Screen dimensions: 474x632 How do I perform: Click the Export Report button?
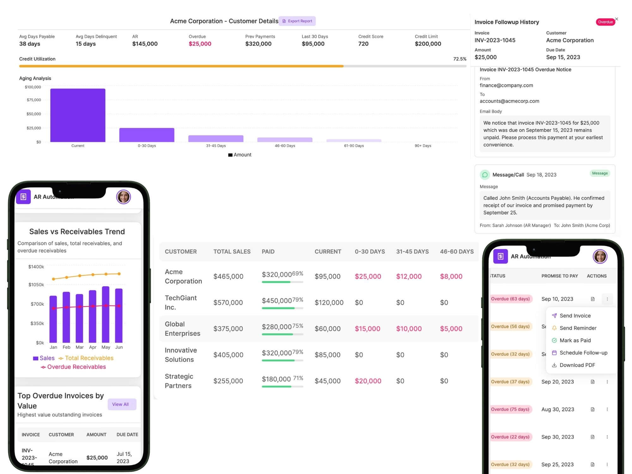[x=297, y=21]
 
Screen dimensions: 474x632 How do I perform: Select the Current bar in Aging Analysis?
[x=78, y=115]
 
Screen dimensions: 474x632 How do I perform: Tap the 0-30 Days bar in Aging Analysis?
[x=147, y=135]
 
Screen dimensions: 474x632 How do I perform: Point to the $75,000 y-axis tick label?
[x=34, y=100]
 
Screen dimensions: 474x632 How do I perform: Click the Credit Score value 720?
[x=363, y=44]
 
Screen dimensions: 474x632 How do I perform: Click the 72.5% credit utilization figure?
[x=459, y=59]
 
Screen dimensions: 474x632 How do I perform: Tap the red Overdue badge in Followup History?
[x=605, y=22]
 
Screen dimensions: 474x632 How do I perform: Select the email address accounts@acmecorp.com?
[x=509, y=101]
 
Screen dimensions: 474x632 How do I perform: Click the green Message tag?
[x=599, y=173]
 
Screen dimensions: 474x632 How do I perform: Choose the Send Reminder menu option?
[x=578, y=328]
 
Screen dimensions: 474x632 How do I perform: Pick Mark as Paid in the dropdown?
[x=575, y=340]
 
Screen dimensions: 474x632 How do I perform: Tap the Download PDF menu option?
[x=577, y=365]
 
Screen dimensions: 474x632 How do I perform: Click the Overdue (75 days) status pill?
[x=510, y=409]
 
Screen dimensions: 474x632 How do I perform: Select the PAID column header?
[x=268, y=252]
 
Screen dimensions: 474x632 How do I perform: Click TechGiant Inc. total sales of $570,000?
[x=228, y=302]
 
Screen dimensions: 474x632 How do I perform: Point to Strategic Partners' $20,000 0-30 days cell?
[x=368, y=381]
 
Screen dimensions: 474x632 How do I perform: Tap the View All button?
[x=120, y=404]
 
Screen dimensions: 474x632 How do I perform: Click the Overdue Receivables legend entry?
[x=76, y=367]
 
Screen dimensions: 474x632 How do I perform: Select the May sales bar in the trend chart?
[x=106, y=314]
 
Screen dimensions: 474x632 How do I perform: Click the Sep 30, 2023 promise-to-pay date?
[x=557, y=437]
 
